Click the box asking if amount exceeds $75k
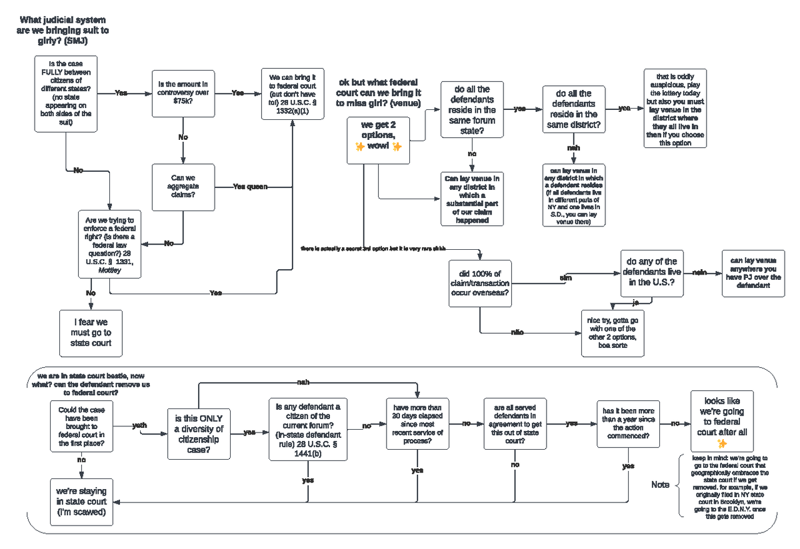pos(183,93)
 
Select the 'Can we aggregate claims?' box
pos(183,187)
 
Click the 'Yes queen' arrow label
pos(250,187)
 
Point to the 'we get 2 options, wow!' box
pos(378,140)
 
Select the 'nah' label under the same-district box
pos(573,147)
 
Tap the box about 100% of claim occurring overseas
pos(480,284)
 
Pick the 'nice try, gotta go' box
pos(612,332)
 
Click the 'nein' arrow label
pos(699,272)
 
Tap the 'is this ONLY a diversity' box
pos(199,434)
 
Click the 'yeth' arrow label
pos(140,425)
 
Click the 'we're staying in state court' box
pos(81,502)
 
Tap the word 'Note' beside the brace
pos(660,484)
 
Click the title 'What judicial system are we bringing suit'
pos(63,31)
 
